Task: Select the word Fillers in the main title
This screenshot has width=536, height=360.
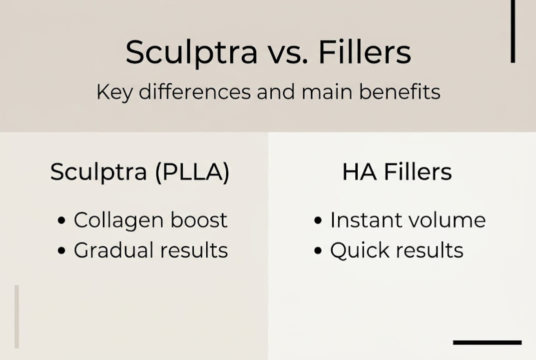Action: point(365,52)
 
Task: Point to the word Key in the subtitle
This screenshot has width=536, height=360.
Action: point(114,92)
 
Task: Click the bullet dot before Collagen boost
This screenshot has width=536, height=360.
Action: point(61,221)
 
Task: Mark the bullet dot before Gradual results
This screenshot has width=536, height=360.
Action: point(61,251)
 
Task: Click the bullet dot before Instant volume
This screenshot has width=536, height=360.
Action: point(318,221)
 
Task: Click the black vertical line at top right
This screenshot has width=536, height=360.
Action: point(513,31)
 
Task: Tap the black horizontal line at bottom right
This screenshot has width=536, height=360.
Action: point(487,342)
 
